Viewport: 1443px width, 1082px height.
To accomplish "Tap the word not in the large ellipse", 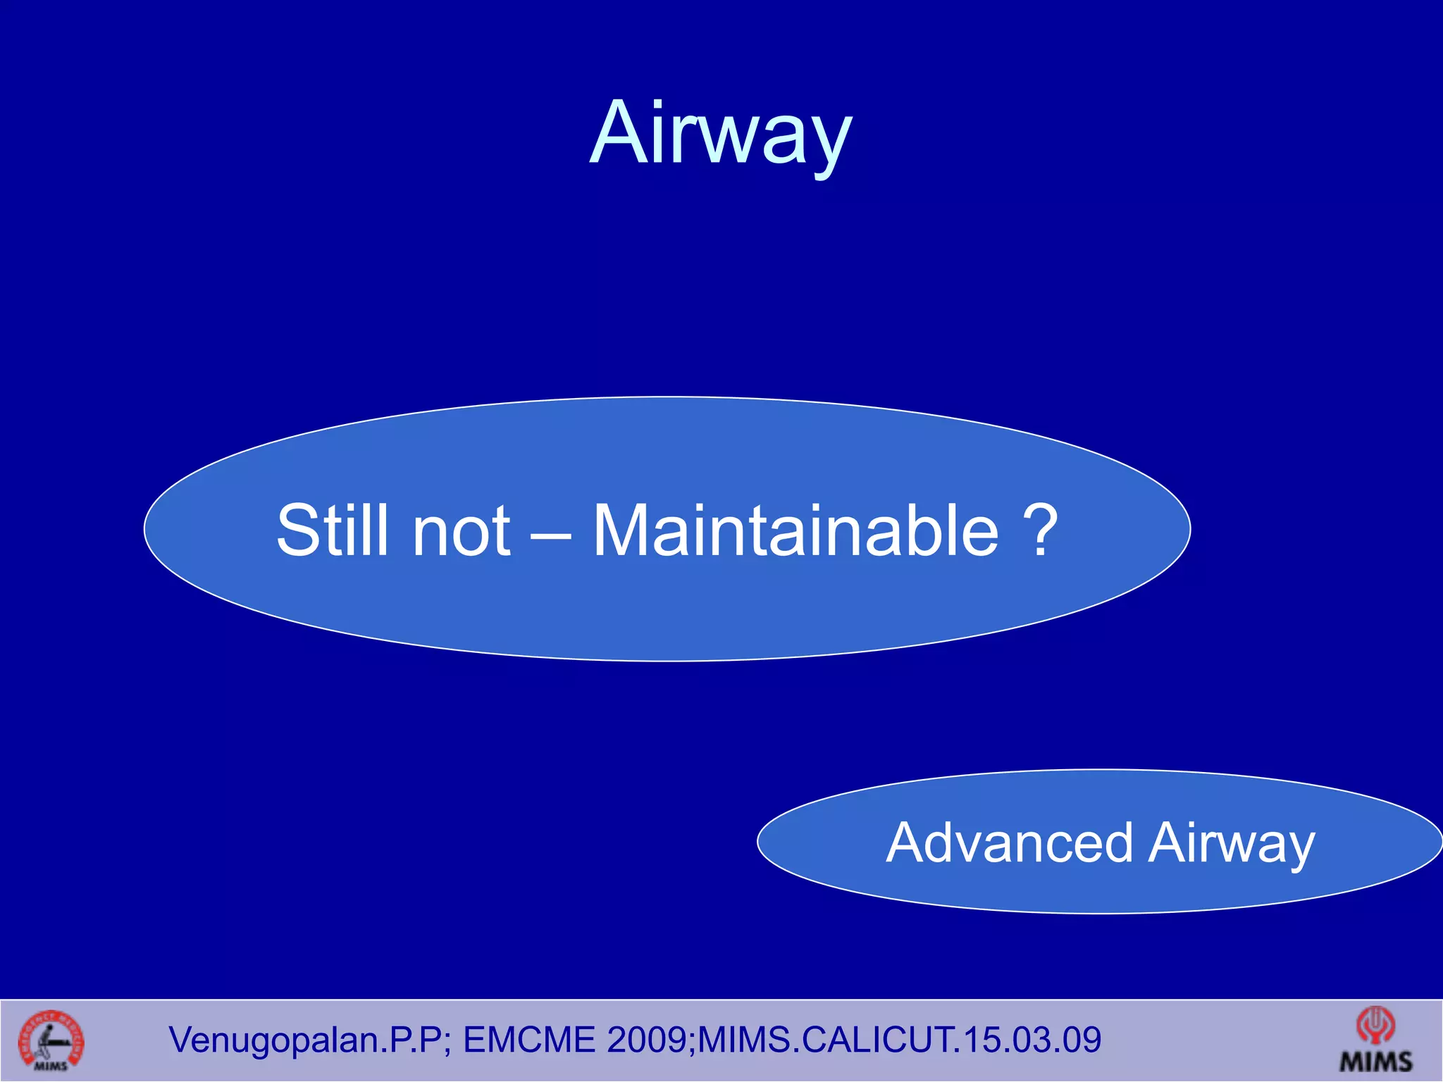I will tap(462, 530).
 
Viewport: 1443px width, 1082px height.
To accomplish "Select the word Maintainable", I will tap(795, 530).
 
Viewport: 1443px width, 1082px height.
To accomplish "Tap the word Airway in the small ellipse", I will tap(1231, 844).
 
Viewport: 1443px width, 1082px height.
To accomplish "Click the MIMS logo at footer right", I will tap(1375, 1040).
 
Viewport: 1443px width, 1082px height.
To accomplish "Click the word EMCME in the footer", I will tap(528, 1040).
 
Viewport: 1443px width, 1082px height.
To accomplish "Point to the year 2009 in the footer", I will tap(648, 1040).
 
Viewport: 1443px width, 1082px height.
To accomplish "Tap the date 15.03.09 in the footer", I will tap(1032, 1040).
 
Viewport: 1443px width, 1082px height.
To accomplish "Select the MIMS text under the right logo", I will tap(1375, 1061).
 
